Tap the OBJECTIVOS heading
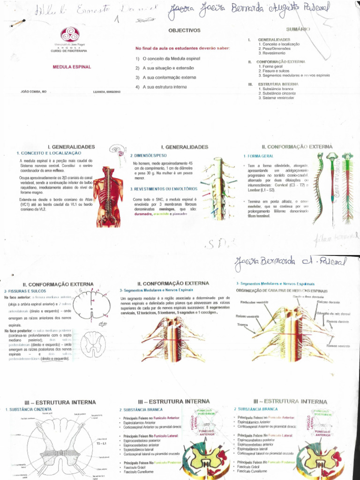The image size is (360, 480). (184, 30)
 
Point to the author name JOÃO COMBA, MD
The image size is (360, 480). (33, 91)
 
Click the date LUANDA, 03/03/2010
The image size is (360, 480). (107, 92)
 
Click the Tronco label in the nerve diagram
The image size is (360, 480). (243, 324)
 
